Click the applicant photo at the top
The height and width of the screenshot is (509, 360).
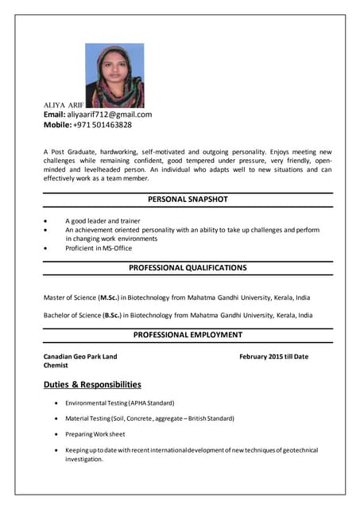(x=114, y=76)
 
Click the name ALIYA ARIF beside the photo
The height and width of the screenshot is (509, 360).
(x=64, y=104)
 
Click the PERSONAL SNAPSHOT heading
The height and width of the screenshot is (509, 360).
(x=188, y=200)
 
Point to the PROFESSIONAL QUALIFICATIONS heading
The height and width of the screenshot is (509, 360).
(x=188, y=268)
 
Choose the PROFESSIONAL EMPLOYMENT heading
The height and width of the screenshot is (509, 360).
(x=188, y=335)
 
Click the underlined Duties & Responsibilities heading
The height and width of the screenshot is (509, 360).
(x=92, y=385)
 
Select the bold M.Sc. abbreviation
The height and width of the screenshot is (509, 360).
(x=109, y=297)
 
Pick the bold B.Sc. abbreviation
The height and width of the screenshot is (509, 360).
(x=112, y=315)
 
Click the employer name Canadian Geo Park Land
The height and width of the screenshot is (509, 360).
(x=80, y=356)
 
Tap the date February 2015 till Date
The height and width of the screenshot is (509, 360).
(x=273, y=356)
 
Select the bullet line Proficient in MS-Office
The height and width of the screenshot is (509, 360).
(x=99, y=248)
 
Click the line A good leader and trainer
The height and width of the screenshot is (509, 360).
(x=103, y=220)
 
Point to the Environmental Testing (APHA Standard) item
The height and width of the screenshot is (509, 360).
(x=119, y=403)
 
